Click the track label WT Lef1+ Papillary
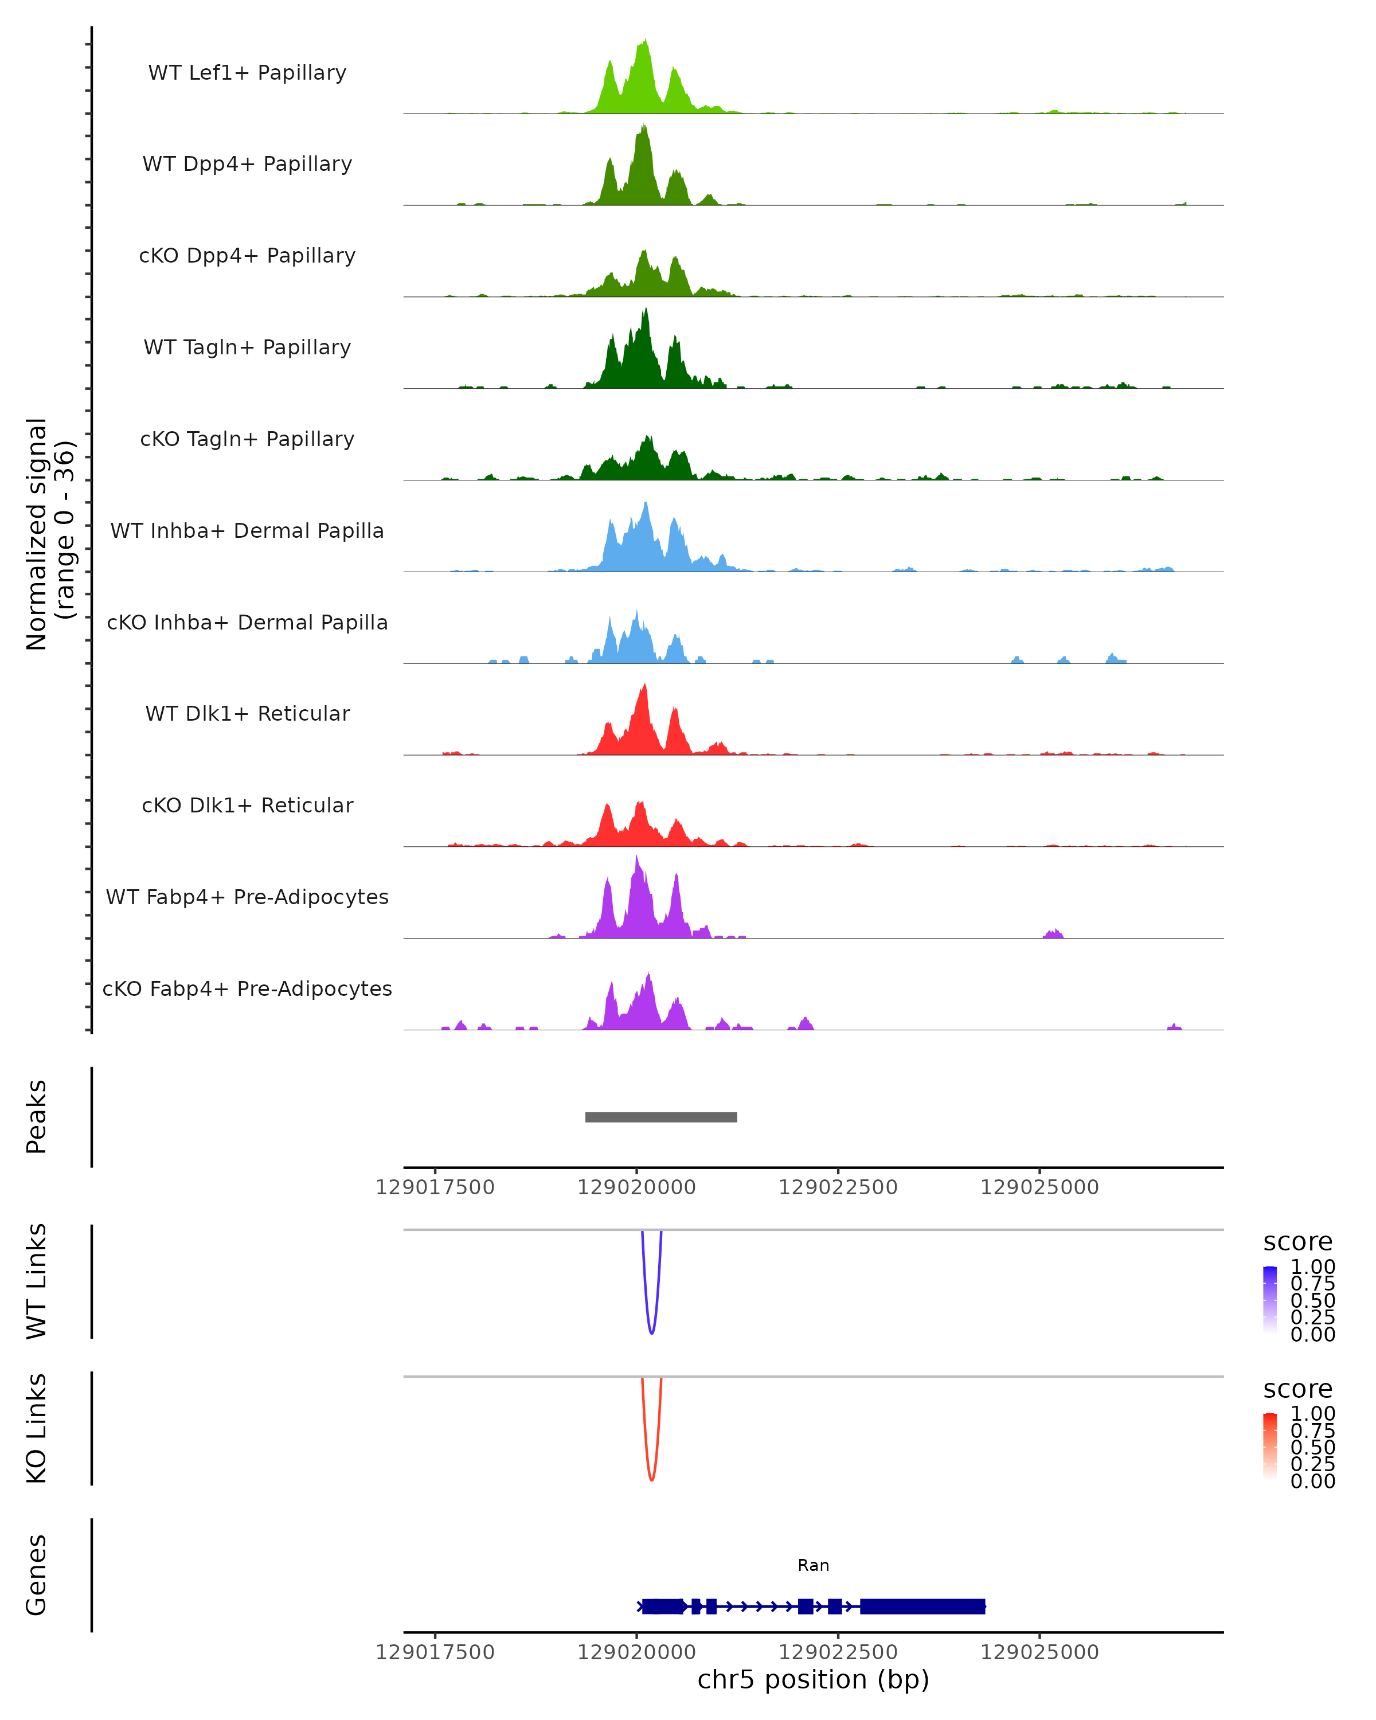(247, 73)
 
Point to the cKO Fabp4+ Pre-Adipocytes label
(247, 988)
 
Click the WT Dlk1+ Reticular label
(247, 713)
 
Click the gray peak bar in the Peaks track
(660, 1117)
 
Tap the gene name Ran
(813, 1565)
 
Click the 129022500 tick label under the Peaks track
(838, 1187)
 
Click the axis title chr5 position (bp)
(813, 1679)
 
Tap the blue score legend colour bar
(1270, 1300)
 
